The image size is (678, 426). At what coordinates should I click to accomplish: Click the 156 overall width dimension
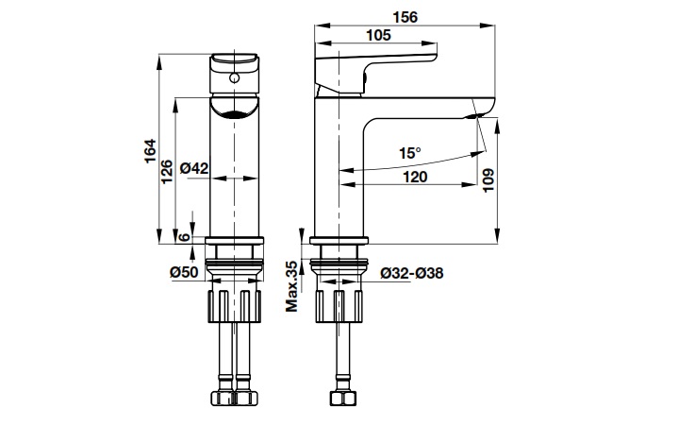[x=405, y=17]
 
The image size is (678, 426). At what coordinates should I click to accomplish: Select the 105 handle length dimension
[x=378, y=35]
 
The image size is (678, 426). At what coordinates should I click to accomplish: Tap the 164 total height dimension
[x=150, y=151]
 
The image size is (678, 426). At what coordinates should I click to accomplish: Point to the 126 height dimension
[x=167, y=172]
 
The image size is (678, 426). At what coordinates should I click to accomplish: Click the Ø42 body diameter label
[x=194, y=168]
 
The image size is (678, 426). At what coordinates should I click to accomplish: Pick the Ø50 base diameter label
[x=184, y=272]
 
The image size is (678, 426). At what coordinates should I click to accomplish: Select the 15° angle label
[x=410, y=153]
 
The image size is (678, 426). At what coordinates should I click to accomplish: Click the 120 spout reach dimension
[x=415, y=177]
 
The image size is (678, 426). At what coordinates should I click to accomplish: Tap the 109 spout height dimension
[x=488, y=180]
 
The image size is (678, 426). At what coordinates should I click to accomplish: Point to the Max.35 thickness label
[x=292, y=286]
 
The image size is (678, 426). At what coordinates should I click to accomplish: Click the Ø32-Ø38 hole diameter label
[x=412, y=273]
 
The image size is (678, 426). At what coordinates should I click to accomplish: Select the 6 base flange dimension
[x=184, y=237]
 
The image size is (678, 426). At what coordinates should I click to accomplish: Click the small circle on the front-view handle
[x=235, y=78]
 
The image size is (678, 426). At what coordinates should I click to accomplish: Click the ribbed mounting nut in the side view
[x=339, y=306]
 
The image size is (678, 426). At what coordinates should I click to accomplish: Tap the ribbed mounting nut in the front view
[x=235, y=306]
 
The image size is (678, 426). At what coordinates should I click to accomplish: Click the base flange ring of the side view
[x=339, y=241]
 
